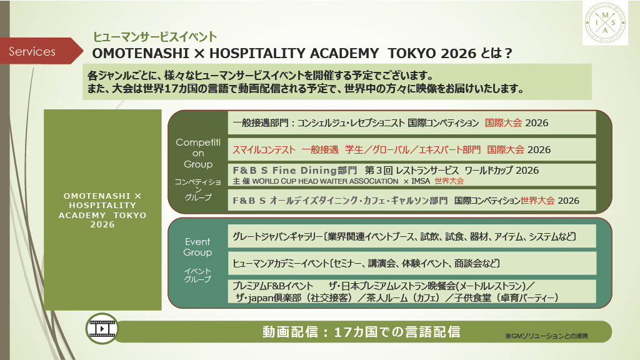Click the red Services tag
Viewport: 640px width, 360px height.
(x=41, y=51)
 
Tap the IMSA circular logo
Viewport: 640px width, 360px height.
(x=605, y=23)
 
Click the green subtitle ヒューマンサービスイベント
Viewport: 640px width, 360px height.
(x=155, y=37)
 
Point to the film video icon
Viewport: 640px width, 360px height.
(x=102, y=328)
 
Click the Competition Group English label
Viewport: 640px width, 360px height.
(x=198, y=153)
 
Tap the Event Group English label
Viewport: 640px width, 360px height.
(x=197, y=247)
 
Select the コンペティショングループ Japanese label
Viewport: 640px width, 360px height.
(x=198, y=189)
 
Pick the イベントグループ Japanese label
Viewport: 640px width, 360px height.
(x=197, y=275)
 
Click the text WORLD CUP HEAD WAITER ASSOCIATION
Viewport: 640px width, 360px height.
(x=325, y=181)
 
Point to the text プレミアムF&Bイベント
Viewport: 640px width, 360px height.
(x=272, y=286)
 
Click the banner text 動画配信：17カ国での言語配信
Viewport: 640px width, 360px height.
(x=361, y=332)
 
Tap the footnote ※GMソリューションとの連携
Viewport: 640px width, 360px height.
(x=546, y=336)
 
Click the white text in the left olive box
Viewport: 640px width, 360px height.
(x=102, y=210)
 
